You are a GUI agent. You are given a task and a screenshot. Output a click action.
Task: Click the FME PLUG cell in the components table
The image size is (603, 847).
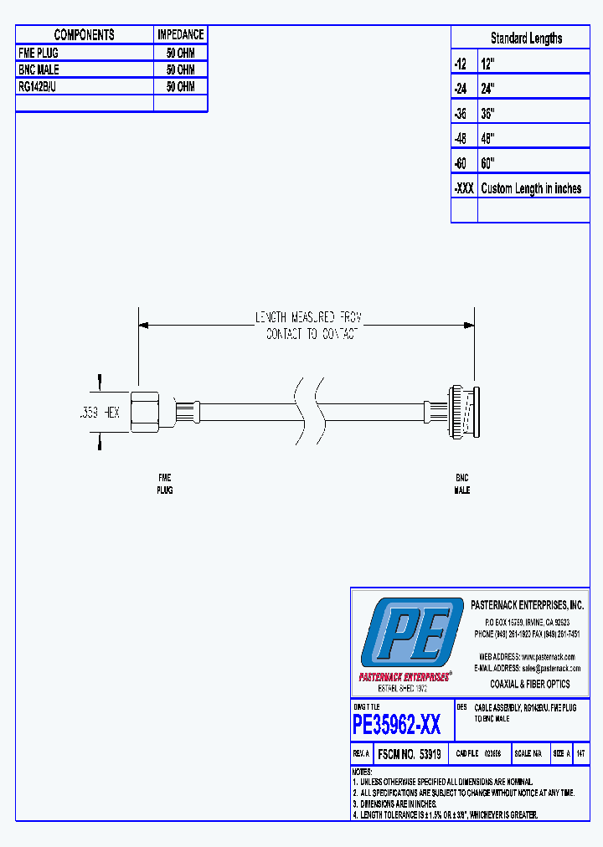click(39, 53)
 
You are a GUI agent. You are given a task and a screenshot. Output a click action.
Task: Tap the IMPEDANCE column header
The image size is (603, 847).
click(180, 34)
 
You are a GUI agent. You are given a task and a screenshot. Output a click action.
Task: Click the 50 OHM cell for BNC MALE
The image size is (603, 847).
click(180, 70)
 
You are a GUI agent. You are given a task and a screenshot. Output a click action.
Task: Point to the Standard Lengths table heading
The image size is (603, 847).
click(526, 38)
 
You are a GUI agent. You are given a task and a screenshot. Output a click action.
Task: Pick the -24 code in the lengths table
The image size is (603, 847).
click(461, 88)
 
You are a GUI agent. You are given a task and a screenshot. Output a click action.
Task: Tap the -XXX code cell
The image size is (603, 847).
click(464, 188)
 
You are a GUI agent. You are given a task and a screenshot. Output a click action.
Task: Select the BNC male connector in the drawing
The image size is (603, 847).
click(461, 410)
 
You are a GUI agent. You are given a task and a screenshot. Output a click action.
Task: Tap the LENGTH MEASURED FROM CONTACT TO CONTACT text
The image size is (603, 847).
click(309, 326)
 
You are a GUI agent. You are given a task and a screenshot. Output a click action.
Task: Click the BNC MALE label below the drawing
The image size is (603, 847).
click(461, 484)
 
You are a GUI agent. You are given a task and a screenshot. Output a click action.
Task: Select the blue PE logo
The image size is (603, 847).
click(411, 634)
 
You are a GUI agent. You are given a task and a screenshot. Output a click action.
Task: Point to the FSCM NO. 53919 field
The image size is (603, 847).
click(410, 753)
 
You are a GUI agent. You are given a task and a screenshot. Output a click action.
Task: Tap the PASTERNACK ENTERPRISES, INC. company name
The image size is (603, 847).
click(528, 605)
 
